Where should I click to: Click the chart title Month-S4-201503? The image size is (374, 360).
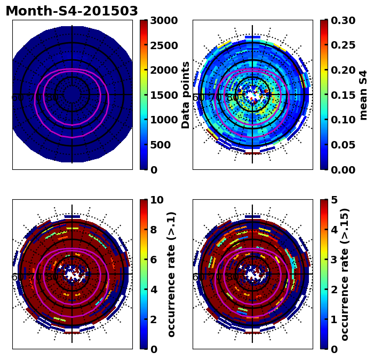pos(71,11)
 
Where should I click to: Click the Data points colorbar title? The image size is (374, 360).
pos(186,95)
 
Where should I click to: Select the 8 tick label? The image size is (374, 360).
pos(154,230)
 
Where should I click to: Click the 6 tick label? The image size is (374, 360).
pos(154,260)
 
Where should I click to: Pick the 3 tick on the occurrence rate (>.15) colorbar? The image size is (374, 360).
pos(334,260)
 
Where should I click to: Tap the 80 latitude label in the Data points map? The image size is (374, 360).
pos(52,98)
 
